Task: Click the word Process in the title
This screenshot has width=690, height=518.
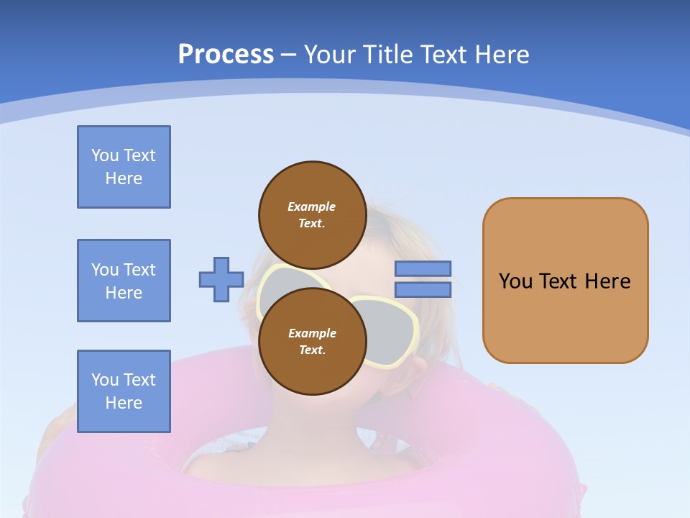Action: (226, 55)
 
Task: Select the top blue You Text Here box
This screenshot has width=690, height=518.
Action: (124, 167)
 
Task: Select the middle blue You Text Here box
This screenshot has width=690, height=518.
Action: (124, 281)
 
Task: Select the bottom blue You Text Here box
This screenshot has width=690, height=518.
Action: (124, 391)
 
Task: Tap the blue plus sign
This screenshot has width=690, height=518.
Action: (221, 280)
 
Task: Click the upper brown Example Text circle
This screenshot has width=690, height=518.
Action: (312, 214)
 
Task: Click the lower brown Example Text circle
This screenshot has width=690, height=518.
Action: (312, 341)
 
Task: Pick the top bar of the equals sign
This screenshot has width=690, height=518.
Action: (423, 269)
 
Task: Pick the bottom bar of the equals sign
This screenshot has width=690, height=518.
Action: (423, 290)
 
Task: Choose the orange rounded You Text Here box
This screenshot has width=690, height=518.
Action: (565, 281)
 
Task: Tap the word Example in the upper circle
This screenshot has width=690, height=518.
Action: (312, 206)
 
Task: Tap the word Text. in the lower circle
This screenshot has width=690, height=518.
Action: (312, 350)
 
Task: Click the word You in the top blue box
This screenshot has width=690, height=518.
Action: (104, 155)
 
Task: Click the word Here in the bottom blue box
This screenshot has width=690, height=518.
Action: (124, 403)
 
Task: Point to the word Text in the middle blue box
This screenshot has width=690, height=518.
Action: (139, 270)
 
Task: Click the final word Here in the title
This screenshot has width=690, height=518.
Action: (502, 55)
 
